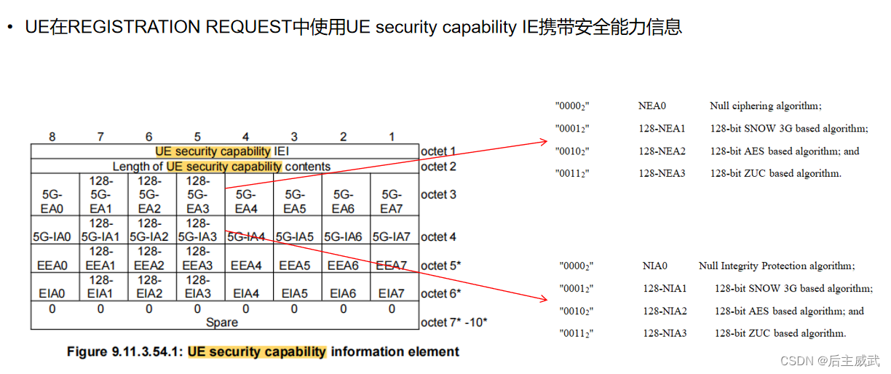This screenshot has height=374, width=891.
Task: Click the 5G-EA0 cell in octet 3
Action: (x=52, y=202)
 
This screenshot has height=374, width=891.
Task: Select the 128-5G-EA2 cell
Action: (x=148, y=194)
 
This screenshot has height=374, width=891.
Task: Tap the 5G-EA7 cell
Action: (x=392, y=202)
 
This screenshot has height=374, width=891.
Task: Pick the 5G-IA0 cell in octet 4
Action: (x=52, y=236)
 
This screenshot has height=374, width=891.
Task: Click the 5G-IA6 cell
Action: (x=344, y=236)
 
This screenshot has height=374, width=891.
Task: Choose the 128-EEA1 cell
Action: (x=100, y=258)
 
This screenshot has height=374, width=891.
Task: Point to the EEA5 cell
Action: (x=295, y=266)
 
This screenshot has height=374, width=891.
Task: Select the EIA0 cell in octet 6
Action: (x=52, y=293)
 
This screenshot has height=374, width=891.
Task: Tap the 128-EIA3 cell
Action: (x=197, y=287)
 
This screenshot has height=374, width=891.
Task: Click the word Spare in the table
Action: (x=222, y=322)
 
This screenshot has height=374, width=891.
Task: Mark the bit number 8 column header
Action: (x=52, y=137)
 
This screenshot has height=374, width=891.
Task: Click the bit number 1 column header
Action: (x=392, y=137)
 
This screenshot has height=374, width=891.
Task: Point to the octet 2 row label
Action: (x=438, y=167)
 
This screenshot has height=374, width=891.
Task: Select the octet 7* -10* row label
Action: (x=454, y=322)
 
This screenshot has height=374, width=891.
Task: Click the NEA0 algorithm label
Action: (x=652, y=106)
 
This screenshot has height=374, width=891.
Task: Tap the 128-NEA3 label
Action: (x=662, y=174)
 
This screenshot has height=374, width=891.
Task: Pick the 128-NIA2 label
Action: (x=665, y=311)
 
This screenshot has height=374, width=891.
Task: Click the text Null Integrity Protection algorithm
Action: (x=777, y=266)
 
